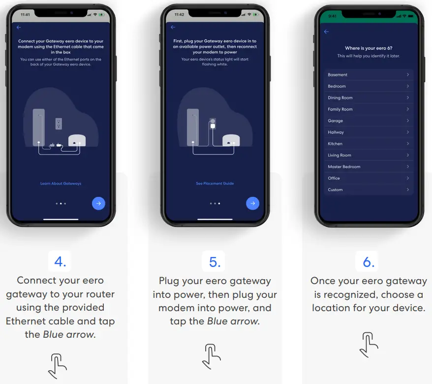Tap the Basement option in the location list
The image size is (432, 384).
coord(368,75)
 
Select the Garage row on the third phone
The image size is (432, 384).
coord(368,121)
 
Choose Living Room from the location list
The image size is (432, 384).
coord(368,155)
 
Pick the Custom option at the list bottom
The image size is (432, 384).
coord(368,190)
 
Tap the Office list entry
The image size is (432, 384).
coord(368,178)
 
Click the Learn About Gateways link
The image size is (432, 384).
coord(61,184)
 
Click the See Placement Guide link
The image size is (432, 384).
coord(215,184)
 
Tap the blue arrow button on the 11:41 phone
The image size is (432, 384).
coord(98,203)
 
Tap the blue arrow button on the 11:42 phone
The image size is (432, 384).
coord(252,203)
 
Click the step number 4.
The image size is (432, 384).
coord(60,262)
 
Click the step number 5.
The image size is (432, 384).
coord(215,262)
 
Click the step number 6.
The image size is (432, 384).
coord(369,262)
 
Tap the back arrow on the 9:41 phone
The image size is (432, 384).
coord(326,32)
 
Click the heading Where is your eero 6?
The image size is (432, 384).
coord(369,48)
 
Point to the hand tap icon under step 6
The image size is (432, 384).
coord(369,345)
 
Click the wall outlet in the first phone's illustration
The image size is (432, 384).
coord(59,123)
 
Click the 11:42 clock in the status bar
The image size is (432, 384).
coord(179,15)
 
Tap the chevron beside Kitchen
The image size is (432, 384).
coord(408,144)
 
